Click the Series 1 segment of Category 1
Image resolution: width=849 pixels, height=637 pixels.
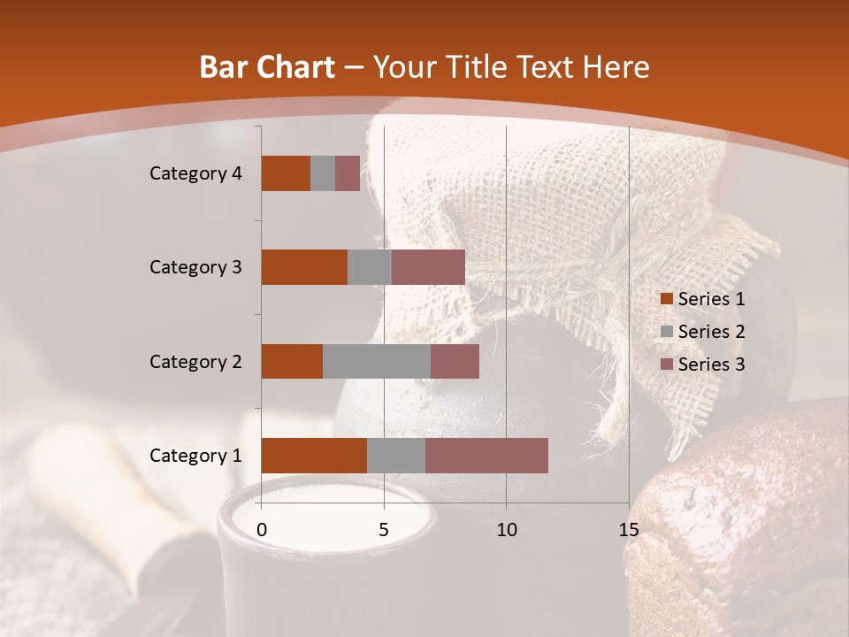click(x=314, y=456)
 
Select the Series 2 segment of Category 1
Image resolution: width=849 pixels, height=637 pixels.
click(x=396, y=456)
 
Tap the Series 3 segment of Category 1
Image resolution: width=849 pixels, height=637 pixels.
click(x=486, y=456)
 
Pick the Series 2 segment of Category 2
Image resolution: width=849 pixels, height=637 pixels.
click(x=377, y=361)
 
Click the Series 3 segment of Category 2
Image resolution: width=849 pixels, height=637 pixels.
click(x=455, y=361)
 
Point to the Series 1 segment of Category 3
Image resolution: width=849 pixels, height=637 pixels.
click(x=304, y=267)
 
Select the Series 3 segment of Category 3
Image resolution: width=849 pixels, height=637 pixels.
click(x=428, y=267)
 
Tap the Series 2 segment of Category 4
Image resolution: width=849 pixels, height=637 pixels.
click(x=323, y=173)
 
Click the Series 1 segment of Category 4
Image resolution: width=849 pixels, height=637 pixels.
click(x=286, y=173)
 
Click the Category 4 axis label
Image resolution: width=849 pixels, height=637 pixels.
click(x=195, y=173)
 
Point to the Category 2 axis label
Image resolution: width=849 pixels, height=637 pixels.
click(x=195, y=361)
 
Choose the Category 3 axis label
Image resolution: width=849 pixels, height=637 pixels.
click(x=195, y=267)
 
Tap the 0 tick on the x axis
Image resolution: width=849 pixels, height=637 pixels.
click(x=262, y=530)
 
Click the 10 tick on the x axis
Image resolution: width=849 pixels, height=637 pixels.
click(x=506, y=530)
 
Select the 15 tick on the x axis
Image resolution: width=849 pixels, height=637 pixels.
click(x=628, y=530)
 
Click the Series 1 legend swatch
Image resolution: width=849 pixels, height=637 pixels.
click(x=666, y=299)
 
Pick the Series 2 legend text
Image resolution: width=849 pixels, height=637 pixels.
click(x=711, y=332)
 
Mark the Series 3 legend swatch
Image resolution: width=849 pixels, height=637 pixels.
click(x=666, y=365)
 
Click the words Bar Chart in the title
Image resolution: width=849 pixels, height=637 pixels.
click(x=267, y=66)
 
